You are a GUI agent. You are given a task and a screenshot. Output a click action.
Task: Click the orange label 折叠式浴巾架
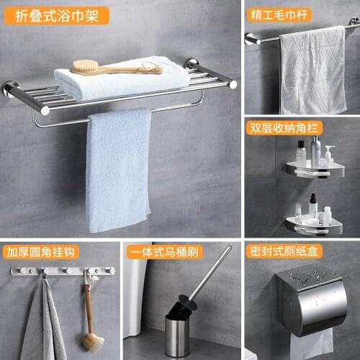[56, 15]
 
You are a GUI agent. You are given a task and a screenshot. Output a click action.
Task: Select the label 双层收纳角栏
[284, 127]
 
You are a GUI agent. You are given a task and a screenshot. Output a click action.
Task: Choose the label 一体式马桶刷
[163, 252]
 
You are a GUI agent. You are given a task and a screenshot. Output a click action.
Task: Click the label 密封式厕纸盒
[284, 252]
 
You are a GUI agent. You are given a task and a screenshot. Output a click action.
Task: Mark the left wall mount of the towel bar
[253, 40]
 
